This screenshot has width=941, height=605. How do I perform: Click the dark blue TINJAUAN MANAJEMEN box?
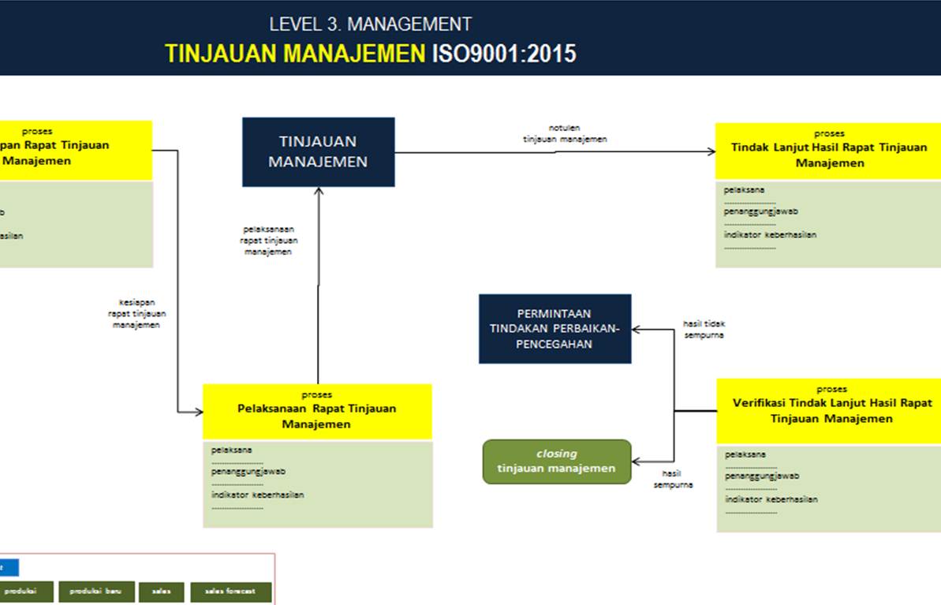point(318,151)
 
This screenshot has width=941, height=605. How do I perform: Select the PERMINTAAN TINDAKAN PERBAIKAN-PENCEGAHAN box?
point(555,328)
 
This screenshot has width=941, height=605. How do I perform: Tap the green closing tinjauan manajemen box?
point(556,461)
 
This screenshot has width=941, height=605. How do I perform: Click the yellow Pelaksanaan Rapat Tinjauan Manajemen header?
point(317,411)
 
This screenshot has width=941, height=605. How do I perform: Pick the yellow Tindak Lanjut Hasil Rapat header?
point(828,150)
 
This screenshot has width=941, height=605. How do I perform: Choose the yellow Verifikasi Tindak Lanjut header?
point(828,410)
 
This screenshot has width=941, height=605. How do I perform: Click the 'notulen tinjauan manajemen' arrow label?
point(565,133)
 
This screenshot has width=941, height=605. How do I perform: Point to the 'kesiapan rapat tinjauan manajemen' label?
point(136,313)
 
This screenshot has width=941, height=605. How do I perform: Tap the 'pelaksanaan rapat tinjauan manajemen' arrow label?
point(268,241)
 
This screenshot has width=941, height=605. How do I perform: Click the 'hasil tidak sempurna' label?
point(703,329)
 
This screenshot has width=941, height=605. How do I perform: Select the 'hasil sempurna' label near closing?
point(672,479)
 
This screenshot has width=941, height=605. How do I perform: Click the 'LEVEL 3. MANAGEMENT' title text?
point(370,24)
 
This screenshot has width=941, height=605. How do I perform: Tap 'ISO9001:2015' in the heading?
point(503,54)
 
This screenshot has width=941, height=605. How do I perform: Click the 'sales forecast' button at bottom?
point(230,592)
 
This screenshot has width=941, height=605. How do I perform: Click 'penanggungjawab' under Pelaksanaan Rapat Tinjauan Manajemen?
point(248,472)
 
